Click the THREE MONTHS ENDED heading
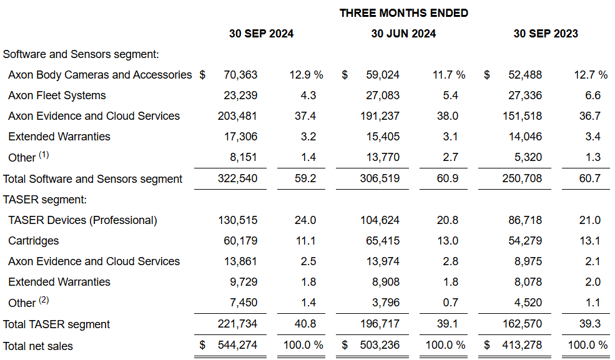[x=403, y=13]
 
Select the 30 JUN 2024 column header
[x=403, y=34]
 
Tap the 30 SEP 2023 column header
[x=546, y=34]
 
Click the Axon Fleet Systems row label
[x=57, y=95]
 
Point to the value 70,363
[x=240, y=75]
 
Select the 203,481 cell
[x=237, y=116]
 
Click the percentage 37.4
[x=305, y=116]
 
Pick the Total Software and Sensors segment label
[x=92, y=179]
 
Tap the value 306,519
[x=380, y=179]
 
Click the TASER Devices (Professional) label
[x=82, y=220]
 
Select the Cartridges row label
[x=34, y=241]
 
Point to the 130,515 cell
[x=237, y=220]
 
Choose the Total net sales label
[x=37, y=346]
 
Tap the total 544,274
[x=237, y=345]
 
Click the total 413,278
[x=522, y=345]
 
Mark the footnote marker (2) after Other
[x=43, y=300]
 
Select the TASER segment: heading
[x=44, y=200]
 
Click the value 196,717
[x=380, y=324]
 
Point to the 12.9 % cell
[x=306, y=75]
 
